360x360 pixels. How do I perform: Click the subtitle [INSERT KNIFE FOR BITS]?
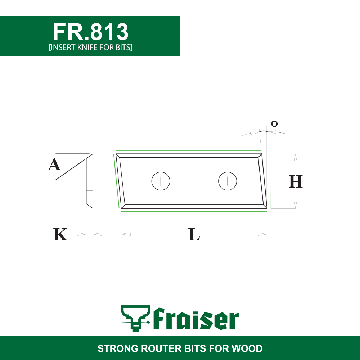click(91, 47)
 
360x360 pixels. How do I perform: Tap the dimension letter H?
click(296, 181)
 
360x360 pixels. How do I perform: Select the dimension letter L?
click(194, 234)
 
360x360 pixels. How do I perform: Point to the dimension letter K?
click(60, 234)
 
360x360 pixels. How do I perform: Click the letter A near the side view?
click(54, 165)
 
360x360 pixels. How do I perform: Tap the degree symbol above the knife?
click(274, 124)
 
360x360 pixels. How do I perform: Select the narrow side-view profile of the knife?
click(90, 181)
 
